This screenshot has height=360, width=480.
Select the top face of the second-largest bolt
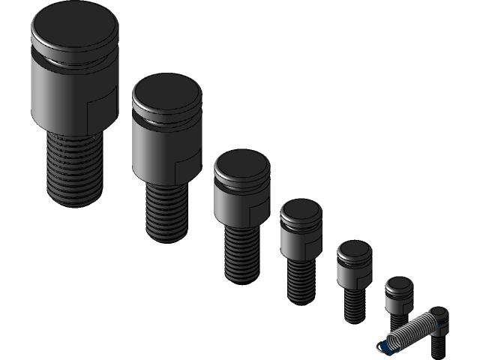pyautogui.click(x=167, y=93)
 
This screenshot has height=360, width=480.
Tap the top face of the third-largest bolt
pyautogui.click(x=241, y=164)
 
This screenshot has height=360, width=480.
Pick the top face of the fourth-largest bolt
pyautogui.click(x=301, y=211)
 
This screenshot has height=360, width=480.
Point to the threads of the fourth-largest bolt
pyautogui.click(x=300, y=280)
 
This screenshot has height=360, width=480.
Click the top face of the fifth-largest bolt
pyautogui.click(x=353, y=250)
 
